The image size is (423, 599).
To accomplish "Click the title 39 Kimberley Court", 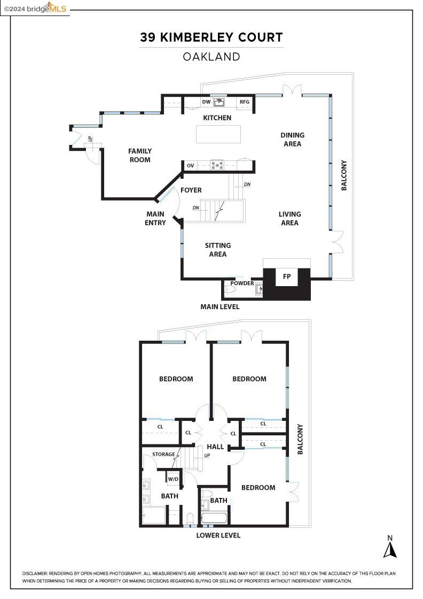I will [211, 37].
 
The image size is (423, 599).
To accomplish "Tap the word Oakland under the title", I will [211, 56].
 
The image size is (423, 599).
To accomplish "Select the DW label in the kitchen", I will [206, 102].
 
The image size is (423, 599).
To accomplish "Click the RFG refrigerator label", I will [244, 102].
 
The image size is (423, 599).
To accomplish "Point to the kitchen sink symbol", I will [219, 102].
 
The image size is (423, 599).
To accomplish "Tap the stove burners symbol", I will [217, 165].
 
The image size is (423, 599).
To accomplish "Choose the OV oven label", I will [190, 166].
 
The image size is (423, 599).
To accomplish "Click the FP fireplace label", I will [287, 277].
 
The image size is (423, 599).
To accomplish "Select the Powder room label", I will [242, 283].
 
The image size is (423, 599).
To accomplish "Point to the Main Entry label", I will [155, 218].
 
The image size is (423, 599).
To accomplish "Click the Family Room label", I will [140, 156].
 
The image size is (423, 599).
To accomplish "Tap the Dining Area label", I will [292, 140].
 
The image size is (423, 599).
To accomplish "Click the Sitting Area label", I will [218, 250].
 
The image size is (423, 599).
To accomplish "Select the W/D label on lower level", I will [173, 479].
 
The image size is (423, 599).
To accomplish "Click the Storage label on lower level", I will [163, 455].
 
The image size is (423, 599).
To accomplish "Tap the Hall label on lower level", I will [215, 447].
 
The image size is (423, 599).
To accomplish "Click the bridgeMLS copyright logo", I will [35, 8].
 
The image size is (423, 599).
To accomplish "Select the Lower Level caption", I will [218, 535].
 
